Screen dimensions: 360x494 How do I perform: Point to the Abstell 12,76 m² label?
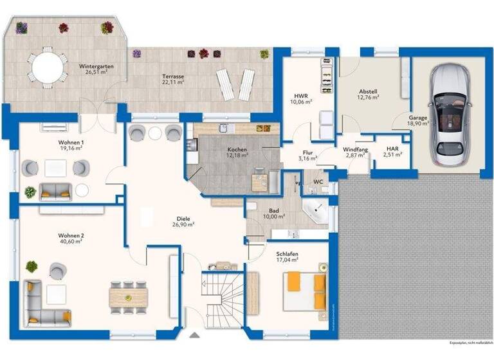(x=369, y=94)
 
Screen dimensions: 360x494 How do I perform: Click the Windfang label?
(x=355, y=151)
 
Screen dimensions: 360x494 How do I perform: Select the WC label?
(x=318, y=182)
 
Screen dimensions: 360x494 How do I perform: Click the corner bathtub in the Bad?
(x=316, y=212)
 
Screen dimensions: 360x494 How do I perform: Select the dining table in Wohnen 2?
(x=128, y=296)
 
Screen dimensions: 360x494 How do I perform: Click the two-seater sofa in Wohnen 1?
(x=55, y=192)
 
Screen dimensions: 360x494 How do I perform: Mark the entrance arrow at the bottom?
(x=194, y=335)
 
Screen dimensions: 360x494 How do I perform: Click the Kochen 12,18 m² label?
(x=237, y=154)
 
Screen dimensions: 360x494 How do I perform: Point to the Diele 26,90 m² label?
(x=183, y=221)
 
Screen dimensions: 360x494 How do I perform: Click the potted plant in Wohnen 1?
(x=30, y=192)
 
